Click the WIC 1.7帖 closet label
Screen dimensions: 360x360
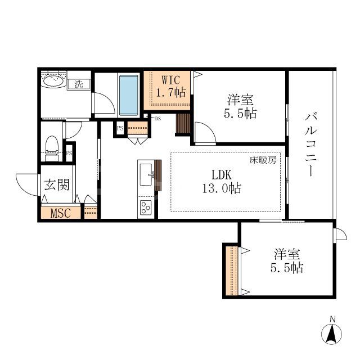point(171,86)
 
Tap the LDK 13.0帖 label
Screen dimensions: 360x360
point(222,182)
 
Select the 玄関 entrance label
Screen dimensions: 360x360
point(57,184)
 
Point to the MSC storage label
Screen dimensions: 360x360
point(61,213)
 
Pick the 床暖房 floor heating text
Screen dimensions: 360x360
point(263,160)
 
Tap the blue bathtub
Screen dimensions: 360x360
point(129,94)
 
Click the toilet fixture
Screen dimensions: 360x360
point(52,148)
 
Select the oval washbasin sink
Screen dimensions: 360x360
point(55,81)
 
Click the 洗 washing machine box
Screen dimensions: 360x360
point(79,84)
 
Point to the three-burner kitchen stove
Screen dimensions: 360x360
point(146,208)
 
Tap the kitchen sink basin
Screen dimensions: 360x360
point(146,174)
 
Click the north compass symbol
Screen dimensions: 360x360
point(331,331)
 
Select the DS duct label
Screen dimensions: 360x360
point(157,119)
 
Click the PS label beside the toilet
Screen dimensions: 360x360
point(69,153)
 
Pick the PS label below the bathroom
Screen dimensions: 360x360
point(120,128)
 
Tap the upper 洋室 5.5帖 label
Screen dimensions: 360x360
point(240,106)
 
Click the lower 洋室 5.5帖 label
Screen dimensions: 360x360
point(287,261)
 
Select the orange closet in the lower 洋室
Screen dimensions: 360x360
point(232,271)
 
